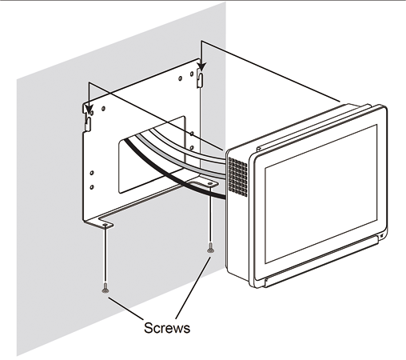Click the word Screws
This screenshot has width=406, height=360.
tap(167, 328)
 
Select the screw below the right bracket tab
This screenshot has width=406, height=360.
tap(210, 247)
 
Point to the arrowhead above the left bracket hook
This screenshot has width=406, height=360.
tap(90, 110)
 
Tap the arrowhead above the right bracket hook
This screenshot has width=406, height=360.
tap(201, 67)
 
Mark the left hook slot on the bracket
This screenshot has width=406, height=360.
tap(88, 124)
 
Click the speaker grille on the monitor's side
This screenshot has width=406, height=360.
tap(237, 176)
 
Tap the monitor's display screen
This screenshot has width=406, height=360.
tap(320, 193)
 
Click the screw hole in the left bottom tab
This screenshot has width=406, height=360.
tap(105, 226)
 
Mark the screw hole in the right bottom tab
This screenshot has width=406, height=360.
tap(210, 184)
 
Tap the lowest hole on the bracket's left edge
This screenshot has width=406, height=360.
tap(92, 187)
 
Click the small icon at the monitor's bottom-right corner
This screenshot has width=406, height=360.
tap(381, 236)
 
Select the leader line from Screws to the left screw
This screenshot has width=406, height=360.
tap(125, 308)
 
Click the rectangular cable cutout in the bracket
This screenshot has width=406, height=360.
tap(152, 154)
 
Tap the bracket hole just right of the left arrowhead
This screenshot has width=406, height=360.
tap(103, 109)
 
